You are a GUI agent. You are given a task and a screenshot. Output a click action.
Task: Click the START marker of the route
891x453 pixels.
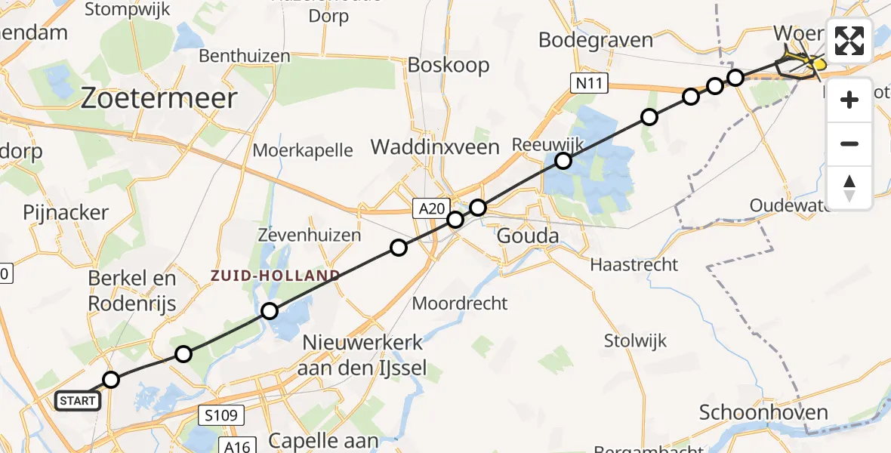click(x=78, y=400)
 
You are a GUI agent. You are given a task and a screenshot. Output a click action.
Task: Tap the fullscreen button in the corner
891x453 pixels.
click(x=849, y=41)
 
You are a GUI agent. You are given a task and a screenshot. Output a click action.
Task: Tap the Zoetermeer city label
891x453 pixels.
click(x=158, y=98)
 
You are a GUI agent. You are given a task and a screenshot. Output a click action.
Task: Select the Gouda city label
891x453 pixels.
click(x=528, y=236)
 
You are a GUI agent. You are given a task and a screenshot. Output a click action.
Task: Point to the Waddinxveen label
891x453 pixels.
click(x=435, y=147)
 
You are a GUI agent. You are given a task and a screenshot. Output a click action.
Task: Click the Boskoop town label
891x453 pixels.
click(x=449, y=65)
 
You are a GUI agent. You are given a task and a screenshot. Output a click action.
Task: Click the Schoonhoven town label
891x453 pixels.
click(x=763, y=412)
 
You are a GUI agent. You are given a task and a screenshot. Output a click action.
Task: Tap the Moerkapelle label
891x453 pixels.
click(x=303, y=149)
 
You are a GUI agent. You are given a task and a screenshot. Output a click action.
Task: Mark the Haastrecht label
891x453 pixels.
click(x=634, y=264)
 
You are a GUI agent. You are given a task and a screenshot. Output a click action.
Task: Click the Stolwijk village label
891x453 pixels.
click(x=635, y=341)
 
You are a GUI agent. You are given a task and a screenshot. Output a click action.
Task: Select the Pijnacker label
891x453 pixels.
click(x=66, y=212)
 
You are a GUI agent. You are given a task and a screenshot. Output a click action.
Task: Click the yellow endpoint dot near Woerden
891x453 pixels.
click(x=819, y=65)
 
